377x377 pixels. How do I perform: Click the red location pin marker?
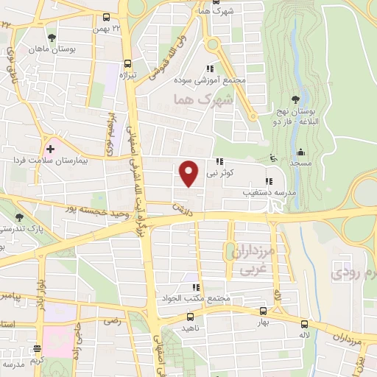(x=189, y=172)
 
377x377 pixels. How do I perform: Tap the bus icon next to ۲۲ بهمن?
(x=107, y=17)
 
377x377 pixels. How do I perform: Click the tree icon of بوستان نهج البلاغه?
(x=295, y=99)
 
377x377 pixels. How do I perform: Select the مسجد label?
(x=300, y=162)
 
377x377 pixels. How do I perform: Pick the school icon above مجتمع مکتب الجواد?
(x=195, y=287)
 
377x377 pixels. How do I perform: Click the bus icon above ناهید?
(x=190, y=318)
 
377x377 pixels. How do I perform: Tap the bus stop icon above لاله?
(x=304, y=323)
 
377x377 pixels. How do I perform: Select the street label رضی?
(x=111, y=321)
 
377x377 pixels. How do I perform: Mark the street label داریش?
(x=182, y=208)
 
